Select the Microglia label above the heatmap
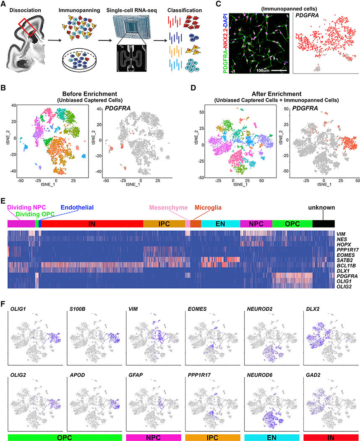tap(206, 207)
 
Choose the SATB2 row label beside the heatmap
tap(343, 260)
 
